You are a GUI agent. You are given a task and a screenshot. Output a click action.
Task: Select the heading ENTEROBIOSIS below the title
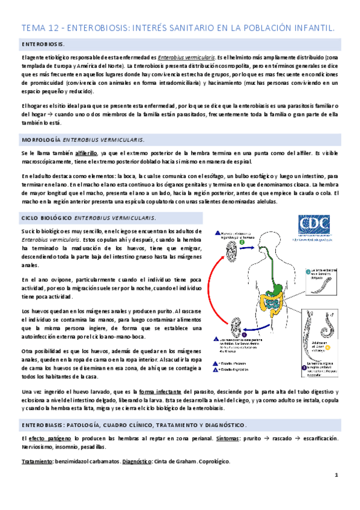(44, 45)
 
